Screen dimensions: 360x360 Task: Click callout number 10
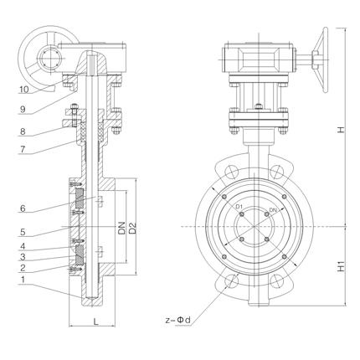24,90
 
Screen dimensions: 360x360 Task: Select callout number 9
23,110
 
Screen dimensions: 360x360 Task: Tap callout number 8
23,131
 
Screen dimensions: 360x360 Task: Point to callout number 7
23,149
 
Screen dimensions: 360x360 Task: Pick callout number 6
23,208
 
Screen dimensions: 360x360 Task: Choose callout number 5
23,232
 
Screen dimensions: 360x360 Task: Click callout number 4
23,246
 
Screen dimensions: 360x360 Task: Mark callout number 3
23,257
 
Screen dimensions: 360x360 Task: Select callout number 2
23,268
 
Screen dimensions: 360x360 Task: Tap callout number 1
23,280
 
